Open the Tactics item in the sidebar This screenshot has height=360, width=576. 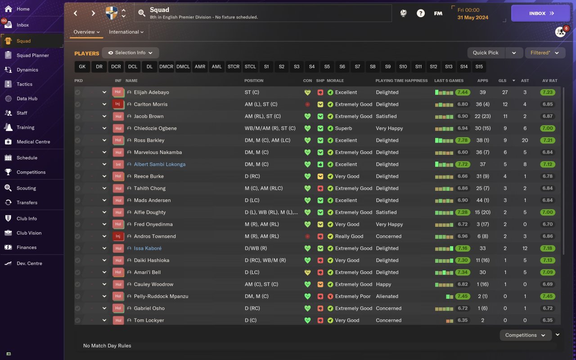[x=24, y=84]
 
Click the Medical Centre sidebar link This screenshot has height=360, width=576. [x=33, y=142]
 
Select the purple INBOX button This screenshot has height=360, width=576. [x=540, y=13]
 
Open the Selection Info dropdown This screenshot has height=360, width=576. [x=130, y=53]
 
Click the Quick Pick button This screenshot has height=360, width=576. [x=486, y=53]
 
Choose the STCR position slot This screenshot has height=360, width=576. [x=234, y=67]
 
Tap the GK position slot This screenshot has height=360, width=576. [x=82, y=67]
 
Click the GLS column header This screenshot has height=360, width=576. [x=502, y=81]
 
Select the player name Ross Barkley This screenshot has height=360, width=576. [x=149, y=140]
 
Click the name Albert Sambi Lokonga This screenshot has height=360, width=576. [x=159, y=164]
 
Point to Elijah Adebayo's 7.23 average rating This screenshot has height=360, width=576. [x=548, y=92]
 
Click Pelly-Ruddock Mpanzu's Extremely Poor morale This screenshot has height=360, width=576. [x=352, y=296]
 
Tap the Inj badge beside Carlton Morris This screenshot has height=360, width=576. [x=118, y=104]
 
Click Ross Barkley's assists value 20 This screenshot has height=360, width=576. [x=525, y=140]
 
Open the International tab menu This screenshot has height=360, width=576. [x=126, y=32]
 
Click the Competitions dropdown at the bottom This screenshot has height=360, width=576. [x=525, y=335]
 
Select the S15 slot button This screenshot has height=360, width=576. [x=479, y=67]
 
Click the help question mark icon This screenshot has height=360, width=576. [x=421, y=13]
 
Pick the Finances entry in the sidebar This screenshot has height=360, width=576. [x=27, y=247]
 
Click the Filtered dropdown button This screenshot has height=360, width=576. [x=545, y=53]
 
